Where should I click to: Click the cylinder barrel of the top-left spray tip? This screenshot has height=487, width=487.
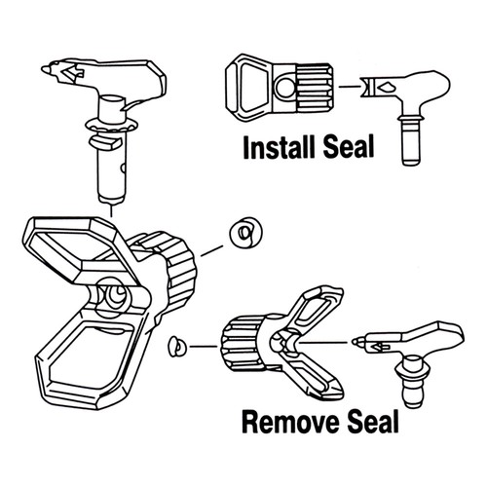click(113, 166)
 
